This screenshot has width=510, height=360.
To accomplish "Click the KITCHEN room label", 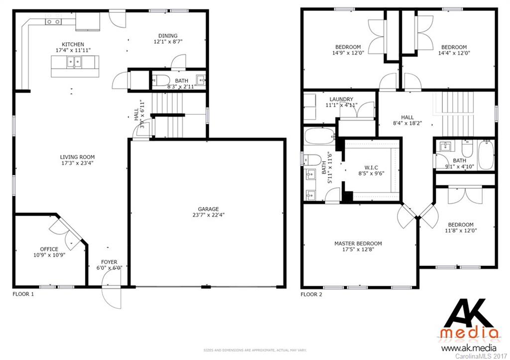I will pos(73,44).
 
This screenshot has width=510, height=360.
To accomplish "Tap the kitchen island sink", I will pos(75,62).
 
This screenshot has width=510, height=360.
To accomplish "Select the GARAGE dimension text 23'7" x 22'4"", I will pos(208,216).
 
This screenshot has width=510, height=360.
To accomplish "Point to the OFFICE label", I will pos(49,249).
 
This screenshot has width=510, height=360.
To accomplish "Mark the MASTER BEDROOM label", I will pos(358,243).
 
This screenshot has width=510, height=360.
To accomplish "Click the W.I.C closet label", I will pos(370,167).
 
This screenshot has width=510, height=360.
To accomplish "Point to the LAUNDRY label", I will pos(341,99).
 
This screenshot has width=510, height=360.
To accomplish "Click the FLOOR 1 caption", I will pos(23,294).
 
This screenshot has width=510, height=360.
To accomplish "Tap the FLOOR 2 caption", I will pos(312,294).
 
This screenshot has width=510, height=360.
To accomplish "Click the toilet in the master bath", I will pos(312,159).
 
